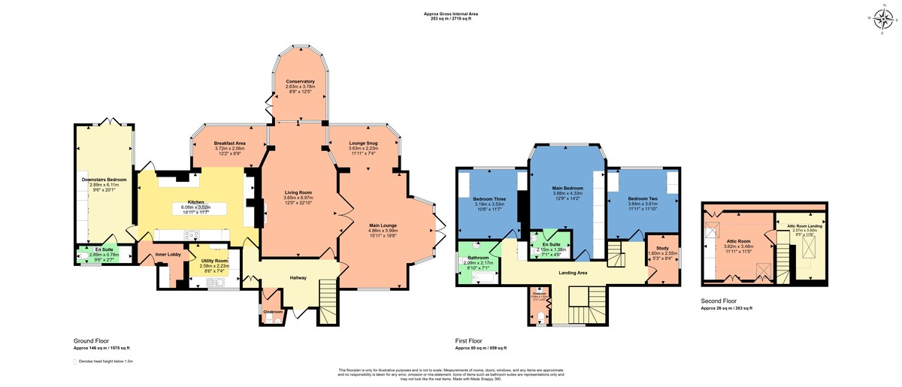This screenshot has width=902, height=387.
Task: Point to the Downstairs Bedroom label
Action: coord(104,180)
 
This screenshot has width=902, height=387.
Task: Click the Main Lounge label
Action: coord(383,225)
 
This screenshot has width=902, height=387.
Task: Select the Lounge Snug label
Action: coord(363,143)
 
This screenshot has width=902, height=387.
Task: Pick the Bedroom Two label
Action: coord(643,198)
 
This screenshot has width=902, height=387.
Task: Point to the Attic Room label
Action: coord(736,241)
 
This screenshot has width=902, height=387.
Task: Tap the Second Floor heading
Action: coord(719,302)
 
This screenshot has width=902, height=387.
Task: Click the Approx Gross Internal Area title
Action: coord(450,14)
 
